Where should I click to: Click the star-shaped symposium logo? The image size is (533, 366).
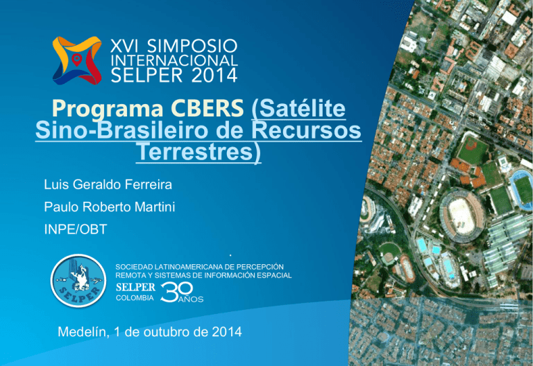point(77,60)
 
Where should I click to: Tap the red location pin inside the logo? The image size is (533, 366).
point(77,60)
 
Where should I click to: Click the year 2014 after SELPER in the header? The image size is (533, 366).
point(214,75)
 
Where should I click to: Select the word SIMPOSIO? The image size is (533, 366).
point(192,46)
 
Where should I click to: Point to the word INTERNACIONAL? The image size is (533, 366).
point(174,60)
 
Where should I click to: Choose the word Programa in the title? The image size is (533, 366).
point(108,110)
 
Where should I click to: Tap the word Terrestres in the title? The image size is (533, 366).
point(196,152)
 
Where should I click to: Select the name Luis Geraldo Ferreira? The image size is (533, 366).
point(108,184)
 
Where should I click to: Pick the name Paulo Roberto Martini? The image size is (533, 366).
point(110,207)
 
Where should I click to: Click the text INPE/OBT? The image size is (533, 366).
point(76,229)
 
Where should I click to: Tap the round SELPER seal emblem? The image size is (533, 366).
point(78,281)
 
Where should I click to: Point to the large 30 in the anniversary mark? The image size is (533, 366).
point(177,292)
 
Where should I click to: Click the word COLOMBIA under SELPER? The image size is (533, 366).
point(135,298)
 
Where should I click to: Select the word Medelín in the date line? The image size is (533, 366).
point(83,332)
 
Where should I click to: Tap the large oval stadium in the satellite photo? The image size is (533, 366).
point(462,215)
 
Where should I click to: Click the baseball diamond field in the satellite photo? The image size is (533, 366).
point(472,150)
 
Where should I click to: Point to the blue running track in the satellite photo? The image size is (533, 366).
point(522,190)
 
